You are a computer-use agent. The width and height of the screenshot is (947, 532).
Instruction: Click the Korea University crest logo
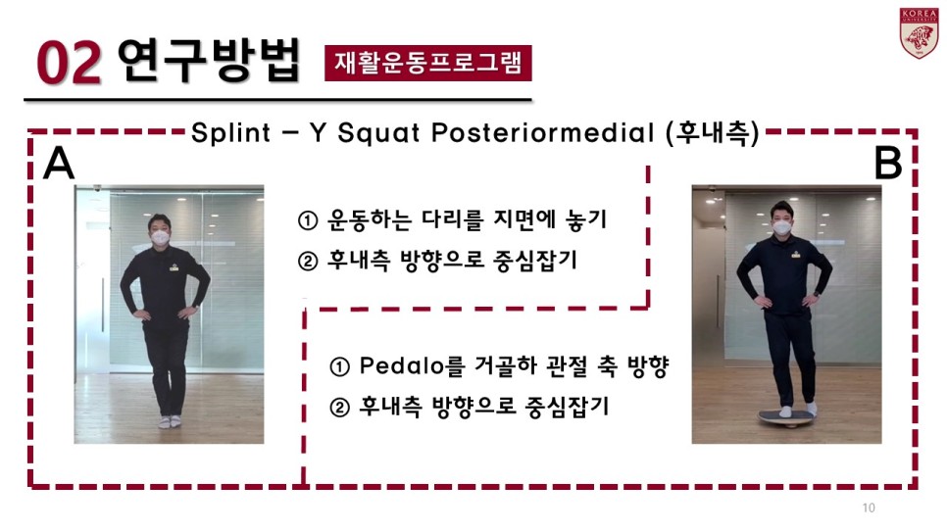click(919, 33)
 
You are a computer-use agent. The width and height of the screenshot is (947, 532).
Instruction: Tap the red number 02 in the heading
click(69, 63)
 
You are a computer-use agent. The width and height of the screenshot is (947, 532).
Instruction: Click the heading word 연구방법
click(210, 60)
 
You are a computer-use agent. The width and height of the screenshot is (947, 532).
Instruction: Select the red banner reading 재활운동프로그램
click(428, 63)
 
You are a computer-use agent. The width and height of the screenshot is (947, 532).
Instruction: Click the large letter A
click(59, 163)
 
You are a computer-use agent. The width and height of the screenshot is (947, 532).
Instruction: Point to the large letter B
click(888, 163)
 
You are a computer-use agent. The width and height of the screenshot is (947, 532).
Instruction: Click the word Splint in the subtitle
click(230, 133)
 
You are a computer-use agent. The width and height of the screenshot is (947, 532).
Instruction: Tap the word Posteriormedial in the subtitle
click(543, 133)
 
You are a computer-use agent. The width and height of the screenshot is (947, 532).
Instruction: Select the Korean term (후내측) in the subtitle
click(713, 133)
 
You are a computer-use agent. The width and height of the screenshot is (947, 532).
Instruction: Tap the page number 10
click(869, 508)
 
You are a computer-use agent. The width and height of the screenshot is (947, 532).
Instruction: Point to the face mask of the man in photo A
click(160, 237)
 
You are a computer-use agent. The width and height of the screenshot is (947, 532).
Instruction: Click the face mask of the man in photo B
click(782, 227)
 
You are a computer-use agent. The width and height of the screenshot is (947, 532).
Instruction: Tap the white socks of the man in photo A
click(169, 421)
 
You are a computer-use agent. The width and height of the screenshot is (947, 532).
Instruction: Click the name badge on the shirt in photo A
click(174, 266)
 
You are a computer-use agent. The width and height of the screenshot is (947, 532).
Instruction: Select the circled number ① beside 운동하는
click(308, 220)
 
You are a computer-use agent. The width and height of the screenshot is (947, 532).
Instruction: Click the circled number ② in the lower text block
click(339, 408)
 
